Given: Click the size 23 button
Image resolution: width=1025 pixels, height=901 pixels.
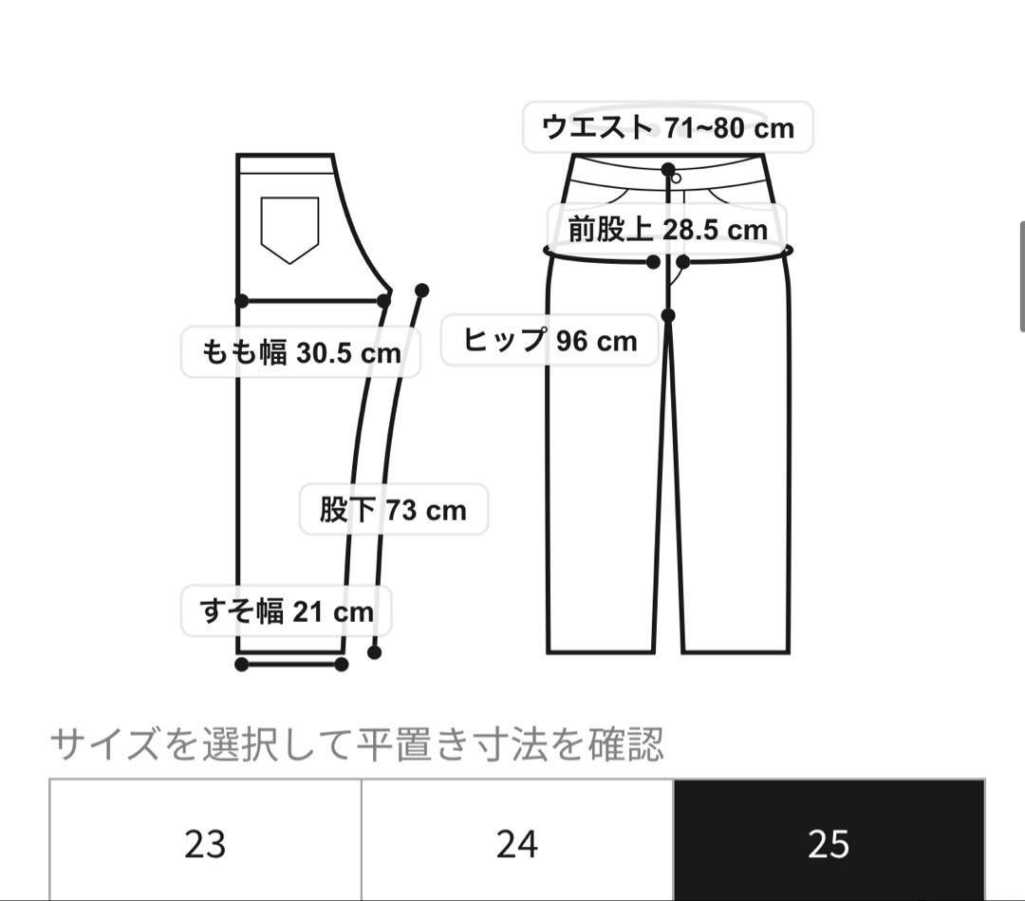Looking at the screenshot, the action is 205,841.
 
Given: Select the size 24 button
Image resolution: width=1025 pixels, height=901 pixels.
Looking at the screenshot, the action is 517,841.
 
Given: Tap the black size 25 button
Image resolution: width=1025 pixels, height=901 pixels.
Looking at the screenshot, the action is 829,841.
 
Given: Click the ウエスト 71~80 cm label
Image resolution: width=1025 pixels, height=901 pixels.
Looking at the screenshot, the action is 667,127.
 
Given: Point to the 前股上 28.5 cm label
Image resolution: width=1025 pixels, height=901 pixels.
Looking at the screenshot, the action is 667,230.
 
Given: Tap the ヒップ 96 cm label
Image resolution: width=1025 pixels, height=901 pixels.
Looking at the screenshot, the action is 550,341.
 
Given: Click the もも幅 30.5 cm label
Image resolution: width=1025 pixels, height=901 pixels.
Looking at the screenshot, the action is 301,352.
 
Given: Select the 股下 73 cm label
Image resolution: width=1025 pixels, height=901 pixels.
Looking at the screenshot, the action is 394,510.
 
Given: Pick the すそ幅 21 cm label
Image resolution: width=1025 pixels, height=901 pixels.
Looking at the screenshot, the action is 287,611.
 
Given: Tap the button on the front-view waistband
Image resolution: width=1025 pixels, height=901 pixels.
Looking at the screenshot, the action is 677,178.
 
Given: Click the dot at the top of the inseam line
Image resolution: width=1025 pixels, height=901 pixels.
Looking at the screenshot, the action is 421,290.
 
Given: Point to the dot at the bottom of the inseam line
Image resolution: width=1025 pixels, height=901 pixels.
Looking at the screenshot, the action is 375,652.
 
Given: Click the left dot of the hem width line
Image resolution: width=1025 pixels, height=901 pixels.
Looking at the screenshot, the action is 242,665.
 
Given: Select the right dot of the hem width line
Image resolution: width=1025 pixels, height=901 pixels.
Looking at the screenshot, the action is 342,665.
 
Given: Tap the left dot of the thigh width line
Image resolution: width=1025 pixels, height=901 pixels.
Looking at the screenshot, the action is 242,301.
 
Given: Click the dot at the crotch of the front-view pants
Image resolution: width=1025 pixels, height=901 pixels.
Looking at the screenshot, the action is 668,315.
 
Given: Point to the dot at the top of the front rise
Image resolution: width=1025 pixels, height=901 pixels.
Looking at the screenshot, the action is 668,170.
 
